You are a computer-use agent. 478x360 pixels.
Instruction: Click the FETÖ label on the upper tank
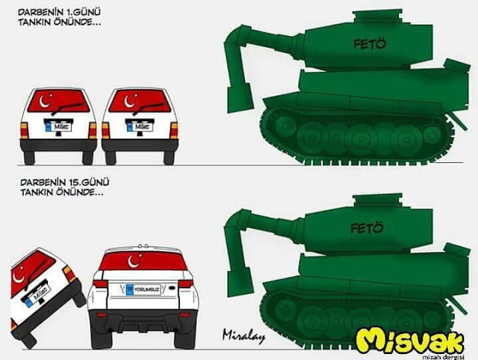tap(367, 45)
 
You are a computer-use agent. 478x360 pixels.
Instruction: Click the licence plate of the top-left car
tap(58, 128)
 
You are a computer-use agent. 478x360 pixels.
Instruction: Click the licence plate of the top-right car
tap(139, 128)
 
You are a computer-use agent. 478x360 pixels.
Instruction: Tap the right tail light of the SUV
tap(181, 285)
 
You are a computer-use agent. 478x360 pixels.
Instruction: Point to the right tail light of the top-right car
tap(173, 130)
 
